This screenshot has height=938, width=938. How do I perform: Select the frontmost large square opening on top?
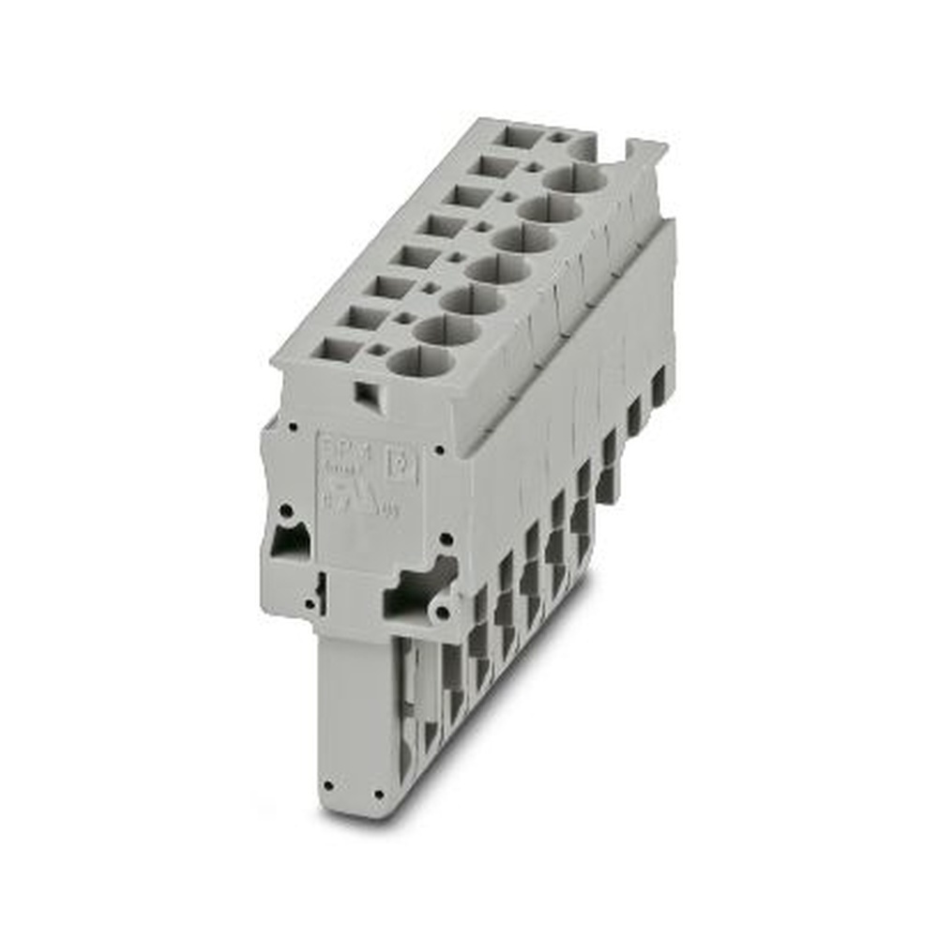pyautogui.click(x=333, y=349)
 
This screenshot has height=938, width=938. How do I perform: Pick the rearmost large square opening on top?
pyautogui.click(x=518, y=136)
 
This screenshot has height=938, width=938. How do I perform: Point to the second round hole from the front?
pyautogui.click(x=444, y=329)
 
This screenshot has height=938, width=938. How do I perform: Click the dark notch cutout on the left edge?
pyautogui.click(x=288, y=542)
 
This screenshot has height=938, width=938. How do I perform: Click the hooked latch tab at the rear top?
pyautogui.click(x=646, y=152)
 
